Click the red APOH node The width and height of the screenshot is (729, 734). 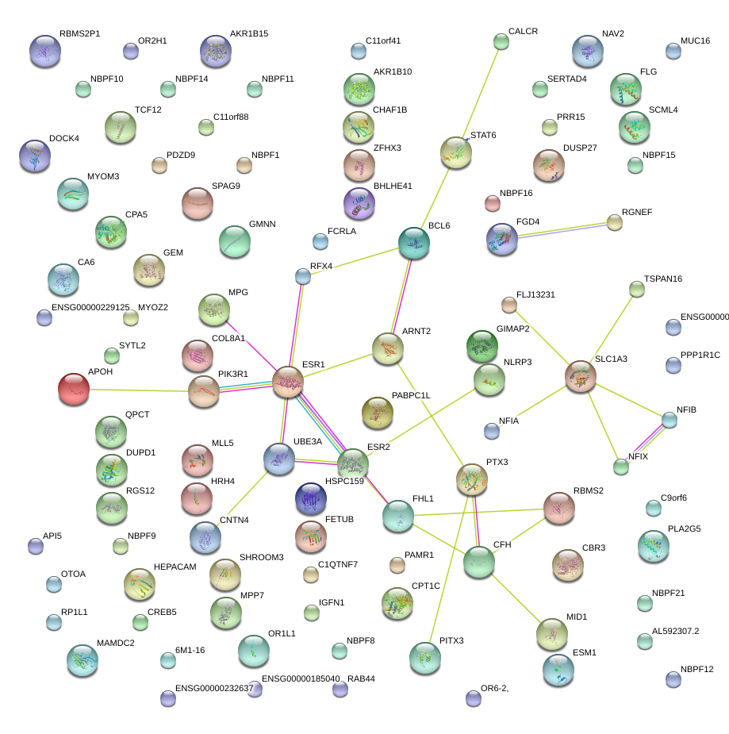(x=74, y=389)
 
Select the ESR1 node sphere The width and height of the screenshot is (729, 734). (x=288, y=382)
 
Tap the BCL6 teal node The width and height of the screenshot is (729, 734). (x=413, y=244)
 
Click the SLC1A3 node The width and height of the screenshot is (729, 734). (x=581, y=376)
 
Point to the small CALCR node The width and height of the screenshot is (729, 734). (x=501, y=40)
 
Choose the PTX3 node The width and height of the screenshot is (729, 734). (x=472, y=478)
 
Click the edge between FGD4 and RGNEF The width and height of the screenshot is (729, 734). (x=558, y=229)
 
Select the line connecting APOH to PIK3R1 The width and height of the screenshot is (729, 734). (x=139, y=390)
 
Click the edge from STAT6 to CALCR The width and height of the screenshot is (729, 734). (x=478, y=95)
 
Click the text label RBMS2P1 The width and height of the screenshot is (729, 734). (x=79, y=34)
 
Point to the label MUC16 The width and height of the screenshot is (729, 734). (x=695, y=40)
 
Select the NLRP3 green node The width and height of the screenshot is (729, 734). (x=489, y=380)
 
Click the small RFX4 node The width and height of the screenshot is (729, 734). (x=302, y=276)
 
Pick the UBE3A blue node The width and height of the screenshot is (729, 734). (x=279, y=459)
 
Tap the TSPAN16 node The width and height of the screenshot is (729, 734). (x=636, y=290)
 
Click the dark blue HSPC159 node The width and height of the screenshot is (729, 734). (x=310, y=498)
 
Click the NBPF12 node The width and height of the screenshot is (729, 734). (x=673, y=678)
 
